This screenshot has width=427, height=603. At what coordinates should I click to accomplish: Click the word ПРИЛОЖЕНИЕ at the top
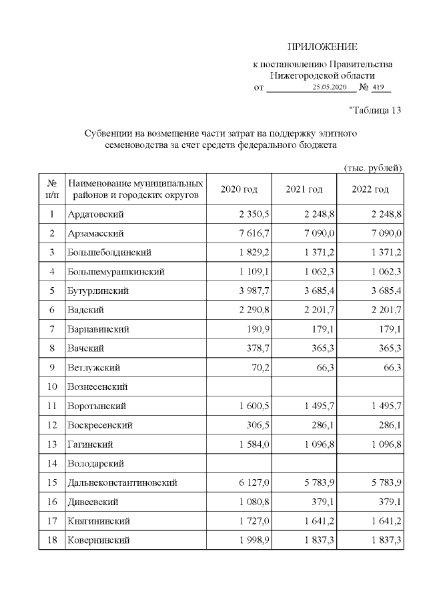click(322, 47)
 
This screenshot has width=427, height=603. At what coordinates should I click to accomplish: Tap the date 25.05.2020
click(330, 88)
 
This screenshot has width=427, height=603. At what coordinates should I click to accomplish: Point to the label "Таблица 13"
click(375, 111)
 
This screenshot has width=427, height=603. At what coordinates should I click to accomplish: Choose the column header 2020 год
click(239, 190)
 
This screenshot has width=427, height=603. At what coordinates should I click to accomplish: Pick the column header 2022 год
click(370, 190)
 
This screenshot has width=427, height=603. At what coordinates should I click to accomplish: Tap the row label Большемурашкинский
click(116, 272)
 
